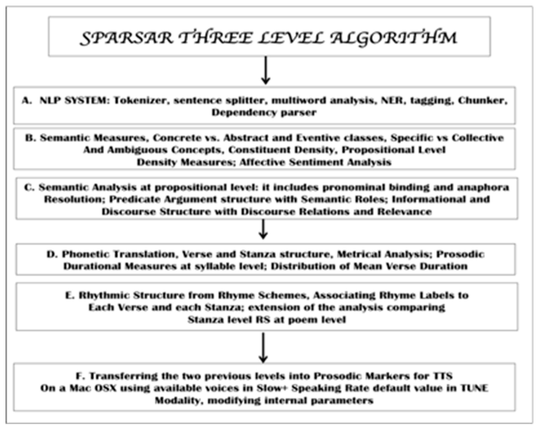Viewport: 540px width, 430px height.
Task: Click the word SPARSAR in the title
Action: point(127,38)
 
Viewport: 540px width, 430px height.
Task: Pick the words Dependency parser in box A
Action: point(264,113)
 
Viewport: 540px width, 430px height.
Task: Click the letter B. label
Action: point(31,138)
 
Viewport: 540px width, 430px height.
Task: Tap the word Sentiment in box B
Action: point(316,162)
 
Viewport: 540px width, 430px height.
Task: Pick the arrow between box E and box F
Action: point(263,348)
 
